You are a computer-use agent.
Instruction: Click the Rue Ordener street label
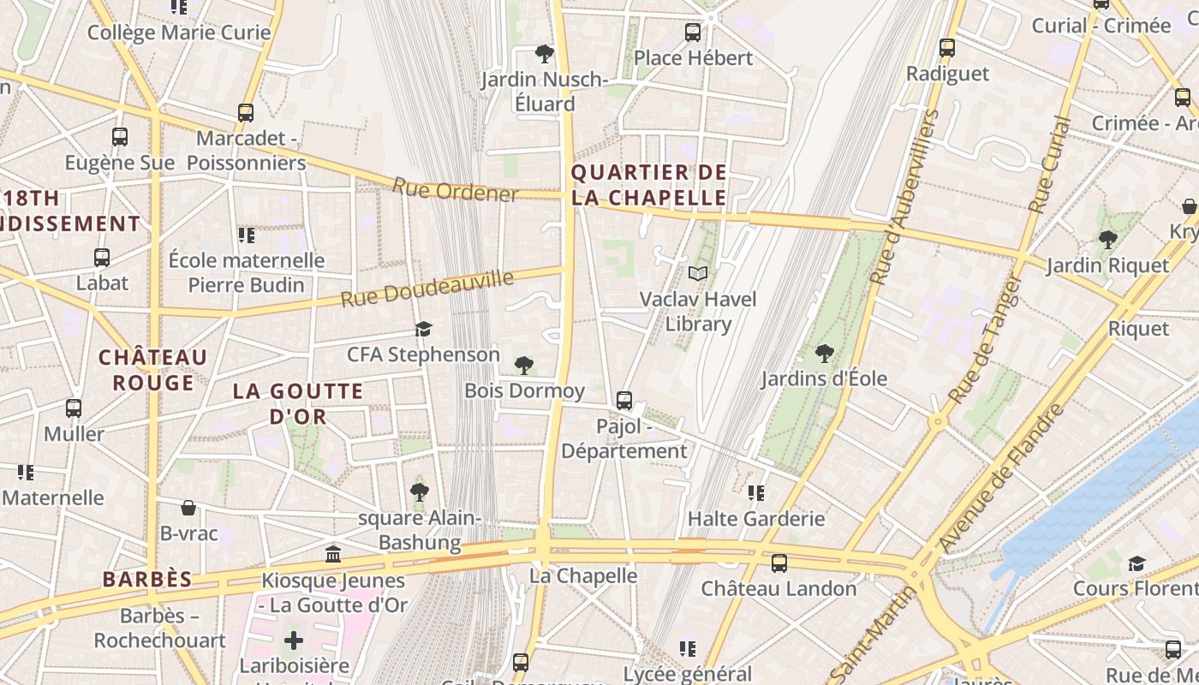tap(455, 190)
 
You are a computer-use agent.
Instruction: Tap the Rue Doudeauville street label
tap(427, 288)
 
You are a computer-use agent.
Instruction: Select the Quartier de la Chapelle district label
tap(648, 185)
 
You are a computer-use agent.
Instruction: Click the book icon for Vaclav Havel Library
tap(698, 273)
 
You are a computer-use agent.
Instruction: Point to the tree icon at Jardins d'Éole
tap(824, 352)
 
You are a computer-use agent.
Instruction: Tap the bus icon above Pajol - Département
tap(624, 400)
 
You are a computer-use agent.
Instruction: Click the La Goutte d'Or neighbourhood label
tap(298, 404)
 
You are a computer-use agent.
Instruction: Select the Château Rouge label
tap(152, 370)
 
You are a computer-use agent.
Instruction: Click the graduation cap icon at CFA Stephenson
tap(423, 329)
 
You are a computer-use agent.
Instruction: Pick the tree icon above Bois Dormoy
tap(524, 366)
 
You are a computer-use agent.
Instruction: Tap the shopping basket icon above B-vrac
tap(188, 508)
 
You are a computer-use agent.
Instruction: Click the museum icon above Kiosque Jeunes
tap(333, 555)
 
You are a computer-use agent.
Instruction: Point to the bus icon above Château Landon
tap(778, 563)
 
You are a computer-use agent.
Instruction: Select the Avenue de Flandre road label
tap(1001, 478)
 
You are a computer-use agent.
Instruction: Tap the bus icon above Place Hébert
tap(693, 33)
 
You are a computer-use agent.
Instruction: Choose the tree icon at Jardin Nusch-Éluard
tap(544, 54)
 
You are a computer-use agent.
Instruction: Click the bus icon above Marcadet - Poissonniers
tap(246, 112)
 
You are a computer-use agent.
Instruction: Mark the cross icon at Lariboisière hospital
tap(294, 640)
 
